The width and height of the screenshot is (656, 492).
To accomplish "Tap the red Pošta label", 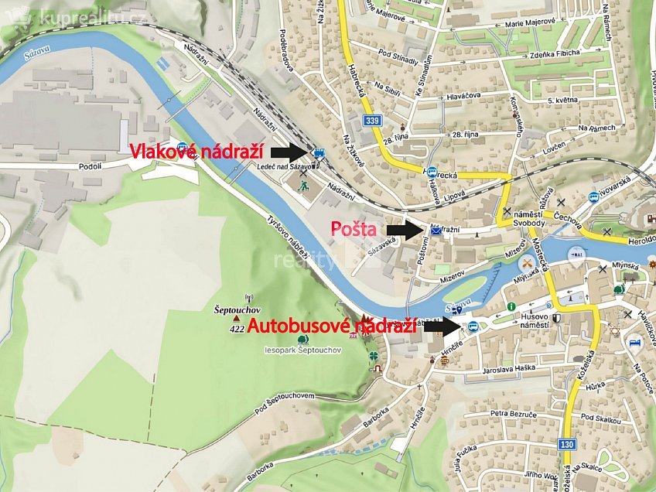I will point(354,229).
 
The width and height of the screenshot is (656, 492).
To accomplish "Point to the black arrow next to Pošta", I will point(405,230).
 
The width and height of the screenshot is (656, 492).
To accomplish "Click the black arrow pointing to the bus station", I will point(444,326).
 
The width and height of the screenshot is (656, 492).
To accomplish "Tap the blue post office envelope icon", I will point(436,231).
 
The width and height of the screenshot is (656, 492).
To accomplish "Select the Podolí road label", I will point(91,166).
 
